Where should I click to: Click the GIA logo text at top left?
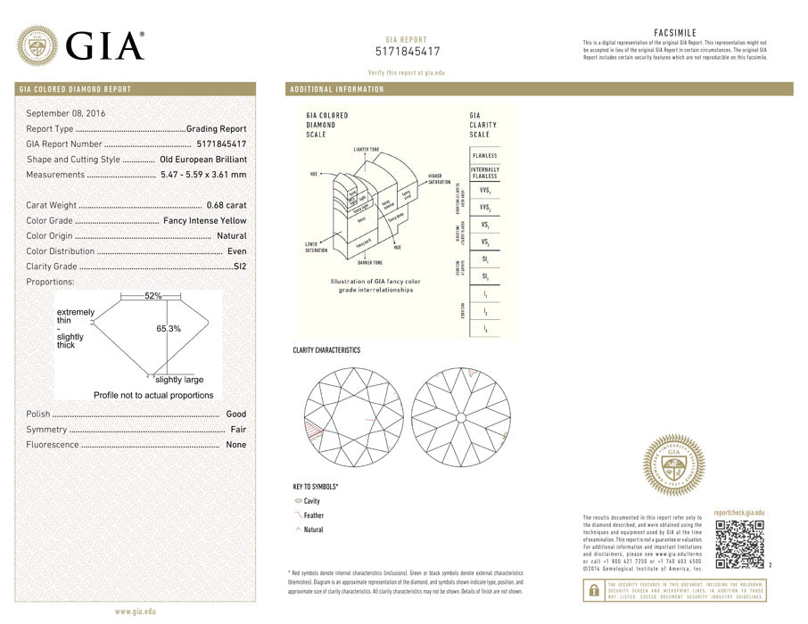[x=105, y=45]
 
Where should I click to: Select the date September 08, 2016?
[x=66, y=113]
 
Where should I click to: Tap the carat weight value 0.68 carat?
[x=227, y=205]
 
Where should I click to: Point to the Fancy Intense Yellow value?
[x=205, y=220]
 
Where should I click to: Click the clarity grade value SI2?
[x=240, y=266]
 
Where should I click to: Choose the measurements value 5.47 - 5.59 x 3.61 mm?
[x=203, y=174]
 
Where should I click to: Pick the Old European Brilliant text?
[x=203, y=159]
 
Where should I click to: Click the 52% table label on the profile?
[x=153, y=295]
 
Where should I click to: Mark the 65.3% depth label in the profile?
[x=169, y=329]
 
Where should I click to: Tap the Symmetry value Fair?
[x=238, y=430]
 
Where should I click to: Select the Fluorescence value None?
[x=235, y=445]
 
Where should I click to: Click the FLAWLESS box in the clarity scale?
[x=485, y=156]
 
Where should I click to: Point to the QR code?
[x=739, y=544]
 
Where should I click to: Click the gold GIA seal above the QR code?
[x=674, y=464]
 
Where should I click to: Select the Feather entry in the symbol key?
[x=314, y=515]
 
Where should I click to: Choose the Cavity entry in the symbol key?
[x=311, y=501]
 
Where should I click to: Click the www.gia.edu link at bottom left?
[x=136, y=612]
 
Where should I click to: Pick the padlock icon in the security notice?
[x=592, y=589]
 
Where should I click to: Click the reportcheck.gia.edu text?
[x=739, y=513]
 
